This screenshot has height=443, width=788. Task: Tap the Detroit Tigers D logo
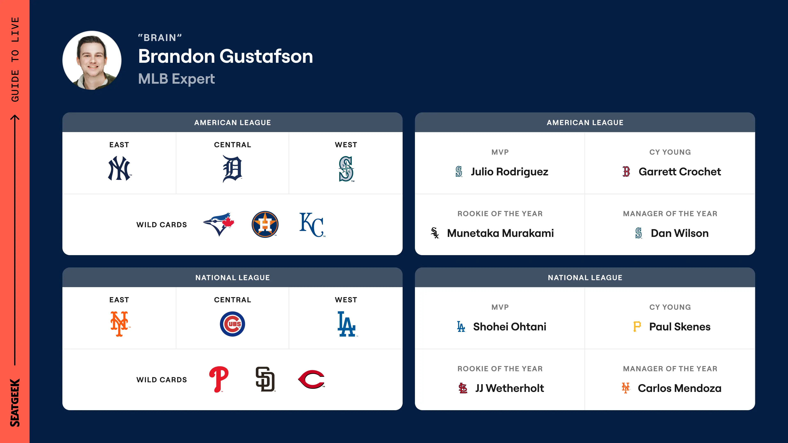pyautogui.click(x=233, y=169)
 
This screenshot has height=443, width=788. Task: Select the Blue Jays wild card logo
pyautogui.click(x=219, y=224)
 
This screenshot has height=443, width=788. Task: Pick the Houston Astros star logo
pyautogui.click(x=265, y=224)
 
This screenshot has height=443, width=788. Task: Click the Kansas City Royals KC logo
pyautogui.click(x=312, y=225)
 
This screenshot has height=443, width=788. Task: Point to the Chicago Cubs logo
pyautogui.click(x=233, y=324)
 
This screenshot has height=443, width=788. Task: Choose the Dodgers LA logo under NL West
pyautogui.click(x=347, y=324)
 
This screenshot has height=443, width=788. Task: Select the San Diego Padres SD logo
pyautogui.click(x=265, y=379)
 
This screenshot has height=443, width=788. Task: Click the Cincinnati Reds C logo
pyautogui.click(x=312, y=379)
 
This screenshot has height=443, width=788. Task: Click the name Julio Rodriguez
pyautogui.click(x=509, y=172)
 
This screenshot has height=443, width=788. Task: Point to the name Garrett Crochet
pyautogui.click(x=679, y=172)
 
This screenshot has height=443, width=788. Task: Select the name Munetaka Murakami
pyautogui.click(x=500, y=233)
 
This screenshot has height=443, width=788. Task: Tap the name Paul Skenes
pyautogui.click(x=679, y=327)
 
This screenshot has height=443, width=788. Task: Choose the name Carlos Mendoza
pyautogui.click(x=679, y=388)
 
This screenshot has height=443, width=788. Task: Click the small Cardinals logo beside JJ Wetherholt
pyautogui.click(x=463, y=388)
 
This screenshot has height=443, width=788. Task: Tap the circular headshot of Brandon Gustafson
pyautogui.click(x=92, y=60)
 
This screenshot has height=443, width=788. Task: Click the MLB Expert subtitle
pyautogui.click(x=176, y=79)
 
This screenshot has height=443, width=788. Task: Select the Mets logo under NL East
pyautogui.click(x=119, y=324)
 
